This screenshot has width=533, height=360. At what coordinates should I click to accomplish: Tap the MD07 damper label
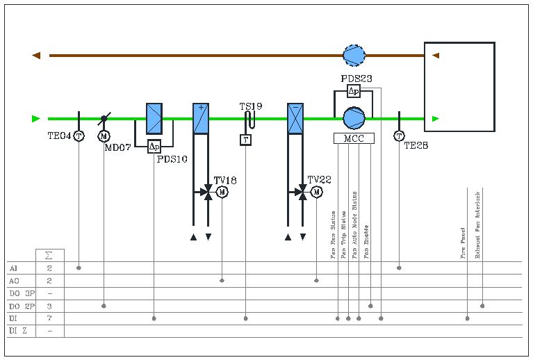tap(117, 147)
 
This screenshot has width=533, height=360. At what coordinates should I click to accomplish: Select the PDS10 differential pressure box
tap(154, 146)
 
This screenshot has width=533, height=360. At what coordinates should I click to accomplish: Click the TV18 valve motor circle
tap(222, 192)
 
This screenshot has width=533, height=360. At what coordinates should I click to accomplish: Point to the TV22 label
tap(319, 179)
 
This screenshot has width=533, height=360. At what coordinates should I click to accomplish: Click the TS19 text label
tap(251, 106)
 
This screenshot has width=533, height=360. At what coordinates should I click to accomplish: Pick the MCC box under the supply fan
tap(354, 138)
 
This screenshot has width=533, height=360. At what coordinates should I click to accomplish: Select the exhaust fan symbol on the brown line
tap(354, 55)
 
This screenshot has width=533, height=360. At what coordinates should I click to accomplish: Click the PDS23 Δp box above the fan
tap(354, 91)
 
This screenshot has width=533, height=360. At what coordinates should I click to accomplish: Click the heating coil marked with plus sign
tap(201, 118)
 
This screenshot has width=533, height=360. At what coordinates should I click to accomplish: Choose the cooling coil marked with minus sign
tap(295, 118)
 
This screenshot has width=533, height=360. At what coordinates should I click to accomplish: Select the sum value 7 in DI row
tap(49, 318)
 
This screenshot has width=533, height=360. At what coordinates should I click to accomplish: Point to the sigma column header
tap(49, 255)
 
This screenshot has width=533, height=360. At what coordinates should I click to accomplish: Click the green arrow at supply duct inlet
tap(36, 119)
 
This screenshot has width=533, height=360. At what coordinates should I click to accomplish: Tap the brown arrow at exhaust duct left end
tap(36, 56)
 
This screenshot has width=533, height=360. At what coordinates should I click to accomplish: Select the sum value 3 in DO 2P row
tap(49, 306)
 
